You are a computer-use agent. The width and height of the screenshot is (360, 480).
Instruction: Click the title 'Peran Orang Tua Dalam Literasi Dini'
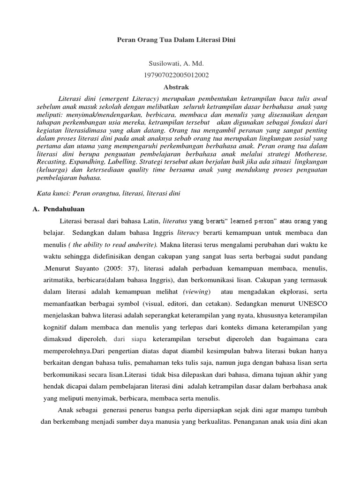click(180, 41)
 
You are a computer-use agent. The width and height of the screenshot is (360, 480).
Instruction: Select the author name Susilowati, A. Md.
click(180, 64)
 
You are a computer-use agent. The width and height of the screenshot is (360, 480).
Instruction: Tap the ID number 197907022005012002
click(180, 75)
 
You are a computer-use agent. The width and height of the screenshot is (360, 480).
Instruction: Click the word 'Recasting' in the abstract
click(51, 162)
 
